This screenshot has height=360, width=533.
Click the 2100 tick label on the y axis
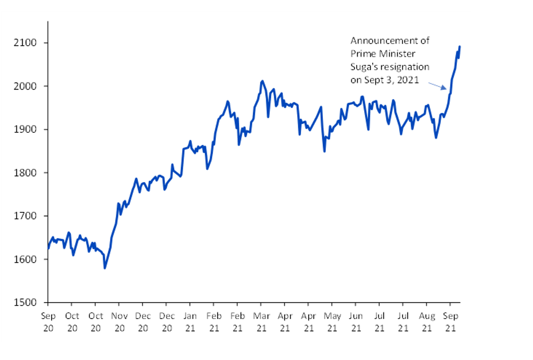pos(25,43)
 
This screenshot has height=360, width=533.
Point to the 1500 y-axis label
pos(25,302)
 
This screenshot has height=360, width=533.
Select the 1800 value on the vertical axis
pos(25,173)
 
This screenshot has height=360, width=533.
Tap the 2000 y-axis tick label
pos(25,86)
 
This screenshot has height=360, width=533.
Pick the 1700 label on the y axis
pos(25,216)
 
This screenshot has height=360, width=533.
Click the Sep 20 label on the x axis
pos(48,322)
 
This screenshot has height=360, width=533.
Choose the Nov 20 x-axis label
pos(119,322)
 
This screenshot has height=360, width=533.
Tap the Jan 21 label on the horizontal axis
pos(190,322)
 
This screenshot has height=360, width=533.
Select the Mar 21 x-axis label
pos(261,322)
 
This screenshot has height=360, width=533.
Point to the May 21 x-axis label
pos(332,322)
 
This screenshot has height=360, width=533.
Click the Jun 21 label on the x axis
pos(356,322)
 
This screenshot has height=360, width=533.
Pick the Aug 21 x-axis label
pos(427,322)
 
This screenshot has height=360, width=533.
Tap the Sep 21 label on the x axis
pos(450,322)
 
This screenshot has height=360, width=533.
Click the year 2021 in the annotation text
pos(408,80)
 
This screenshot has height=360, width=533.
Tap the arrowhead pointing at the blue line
pos(445,88)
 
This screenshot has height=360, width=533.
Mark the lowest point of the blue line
pos(105,268)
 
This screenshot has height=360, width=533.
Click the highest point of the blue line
pos(460,47)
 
